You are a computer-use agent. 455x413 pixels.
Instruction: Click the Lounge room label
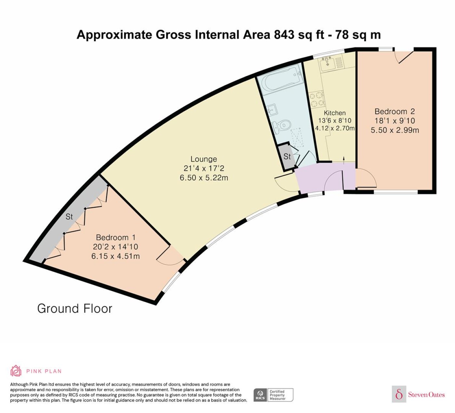(x=204, y=159)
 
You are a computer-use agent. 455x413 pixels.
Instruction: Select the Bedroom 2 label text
(x=395, y=111)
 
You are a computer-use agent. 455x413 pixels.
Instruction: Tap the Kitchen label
(x=334, y=113)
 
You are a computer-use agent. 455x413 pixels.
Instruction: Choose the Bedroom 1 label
(x=116, y=237)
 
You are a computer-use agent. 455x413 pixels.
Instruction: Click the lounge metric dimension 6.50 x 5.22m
(x=204, y=178)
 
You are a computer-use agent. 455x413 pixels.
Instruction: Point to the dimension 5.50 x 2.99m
(x=395, y=130)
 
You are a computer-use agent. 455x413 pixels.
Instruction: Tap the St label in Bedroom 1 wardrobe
(x=69, y=217)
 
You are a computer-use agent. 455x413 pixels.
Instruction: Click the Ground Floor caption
(x=75, y=309)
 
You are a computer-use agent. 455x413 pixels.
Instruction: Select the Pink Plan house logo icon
(x=16, y=371)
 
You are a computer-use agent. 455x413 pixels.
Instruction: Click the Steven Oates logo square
(x=399, y=394)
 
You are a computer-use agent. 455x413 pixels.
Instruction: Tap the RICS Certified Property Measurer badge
(x=273, y=395)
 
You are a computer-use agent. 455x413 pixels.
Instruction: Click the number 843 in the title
(x=284, y=35)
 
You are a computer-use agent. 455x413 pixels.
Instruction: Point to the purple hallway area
(x=325, y=177)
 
